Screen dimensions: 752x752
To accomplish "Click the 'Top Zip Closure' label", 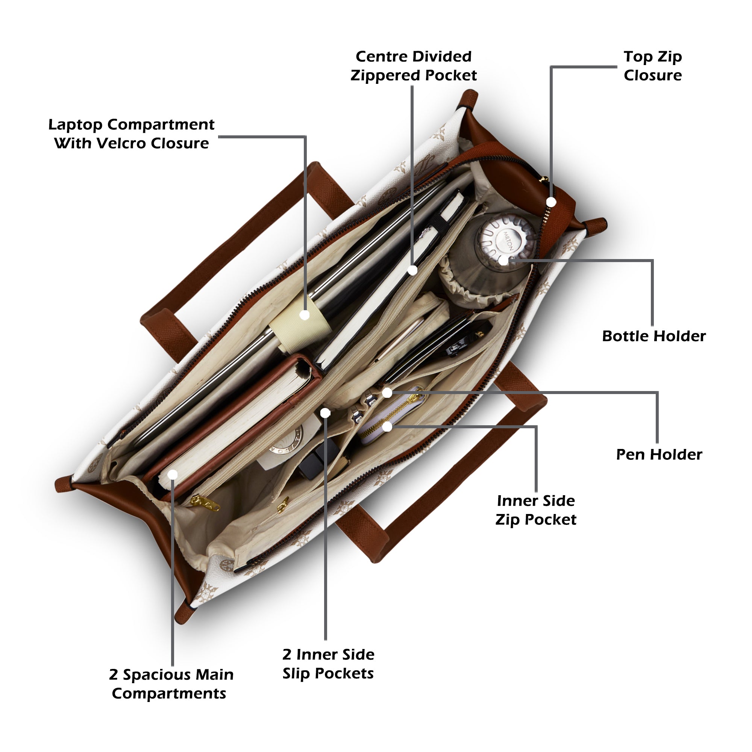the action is pos(652,66).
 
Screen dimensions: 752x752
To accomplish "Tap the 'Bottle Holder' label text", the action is pos(653,336).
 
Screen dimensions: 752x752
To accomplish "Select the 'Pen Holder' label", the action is pos(659,455).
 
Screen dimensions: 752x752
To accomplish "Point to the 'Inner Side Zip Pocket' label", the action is pos(535,510).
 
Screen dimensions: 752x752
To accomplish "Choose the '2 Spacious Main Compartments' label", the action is pos(171,684).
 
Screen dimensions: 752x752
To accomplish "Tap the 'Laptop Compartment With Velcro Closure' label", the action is pos(131,134).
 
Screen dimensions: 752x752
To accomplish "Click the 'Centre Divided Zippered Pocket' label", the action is pos(413,66).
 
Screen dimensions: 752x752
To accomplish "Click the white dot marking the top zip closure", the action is pos(551,202).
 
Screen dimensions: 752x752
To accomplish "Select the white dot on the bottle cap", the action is pos(504,261).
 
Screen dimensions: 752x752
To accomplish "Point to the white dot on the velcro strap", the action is pos(305,315).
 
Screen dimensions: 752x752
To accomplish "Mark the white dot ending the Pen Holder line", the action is pos(387,393).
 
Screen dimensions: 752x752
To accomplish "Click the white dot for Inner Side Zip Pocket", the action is pos(387,427).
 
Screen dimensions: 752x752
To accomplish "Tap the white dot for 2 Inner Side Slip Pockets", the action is pos(325,412).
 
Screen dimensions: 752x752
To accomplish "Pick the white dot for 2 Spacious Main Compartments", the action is pos(173,475).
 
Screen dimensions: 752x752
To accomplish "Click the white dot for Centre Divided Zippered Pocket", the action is pos(412,270).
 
